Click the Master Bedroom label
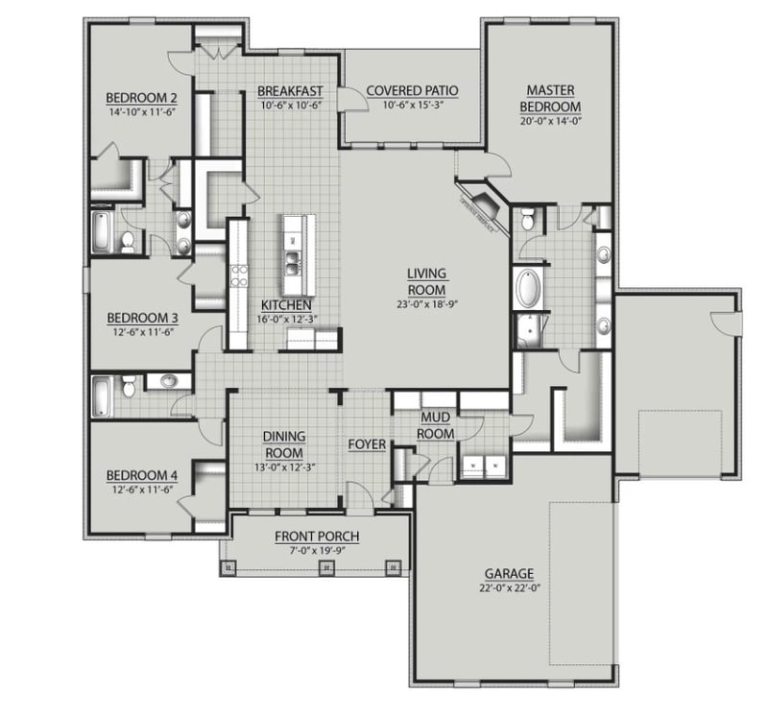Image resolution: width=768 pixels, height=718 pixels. tap(550, 97)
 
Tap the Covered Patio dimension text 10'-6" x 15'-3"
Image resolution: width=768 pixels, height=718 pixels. tap(412, 105)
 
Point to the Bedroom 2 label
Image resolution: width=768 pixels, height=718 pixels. tap(140, 97)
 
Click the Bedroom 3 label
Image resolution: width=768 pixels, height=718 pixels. tap(141, 318)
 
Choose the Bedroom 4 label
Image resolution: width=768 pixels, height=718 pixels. tap(141, 474)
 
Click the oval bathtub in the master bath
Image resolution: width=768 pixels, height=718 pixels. tap(529, 288)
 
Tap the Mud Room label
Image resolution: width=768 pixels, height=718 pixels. tap(437, 426)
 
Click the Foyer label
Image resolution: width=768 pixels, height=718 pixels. tap(367, 444)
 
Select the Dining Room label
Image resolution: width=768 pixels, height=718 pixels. tap(283, 444)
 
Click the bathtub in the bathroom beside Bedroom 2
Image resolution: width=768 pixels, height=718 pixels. tap(102, 232)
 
